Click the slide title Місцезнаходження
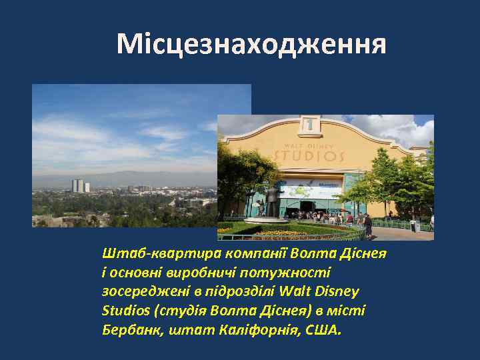(251, 44)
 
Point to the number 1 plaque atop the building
(309, 124)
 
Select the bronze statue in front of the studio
(271, 197)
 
